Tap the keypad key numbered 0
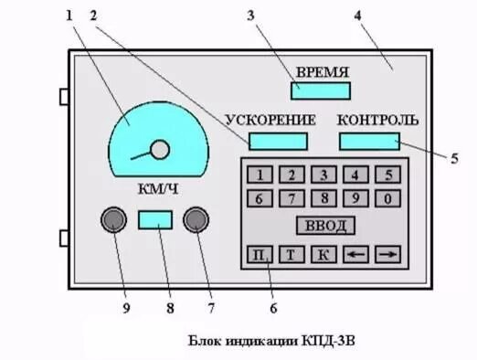(x=388, y=197)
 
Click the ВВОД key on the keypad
(x=324, y=226)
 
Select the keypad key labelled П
(x=260, y=255)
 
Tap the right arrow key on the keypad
(x=388, y=255)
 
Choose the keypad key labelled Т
(x=291, y=255)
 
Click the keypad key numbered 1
(x=260, y=175)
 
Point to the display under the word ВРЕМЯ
(x=321, y=90)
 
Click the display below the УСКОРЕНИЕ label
(x=278, y=141)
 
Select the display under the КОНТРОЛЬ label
(x=370, y=141)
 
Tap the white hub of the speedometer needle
(x=160, y=150)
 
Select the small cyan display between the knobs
(x=155, y=219)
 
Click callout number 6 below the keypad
(x=272, y=295)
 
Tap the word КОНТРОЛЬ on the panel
(x=377, y=120)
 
